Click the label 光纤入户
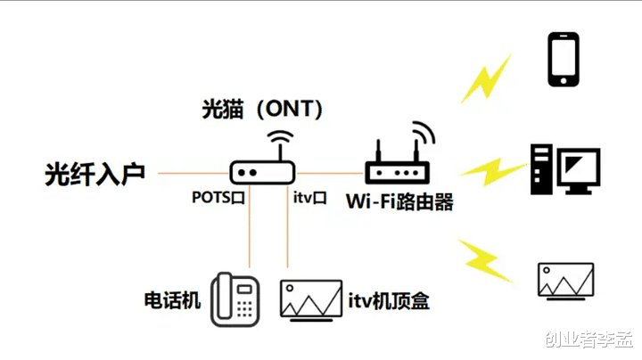(x=94, y=174)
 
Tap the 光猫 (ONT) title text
(x=261, y=110)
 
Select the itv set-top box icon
(x=310, y=299)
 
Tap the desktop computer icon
(x=564, y=168)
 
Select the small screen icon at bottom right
(x=565, y=280)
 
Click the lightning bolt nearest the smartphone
(x=486, y=79)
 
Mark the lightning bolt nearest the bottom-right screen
(x=486, y=259)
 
